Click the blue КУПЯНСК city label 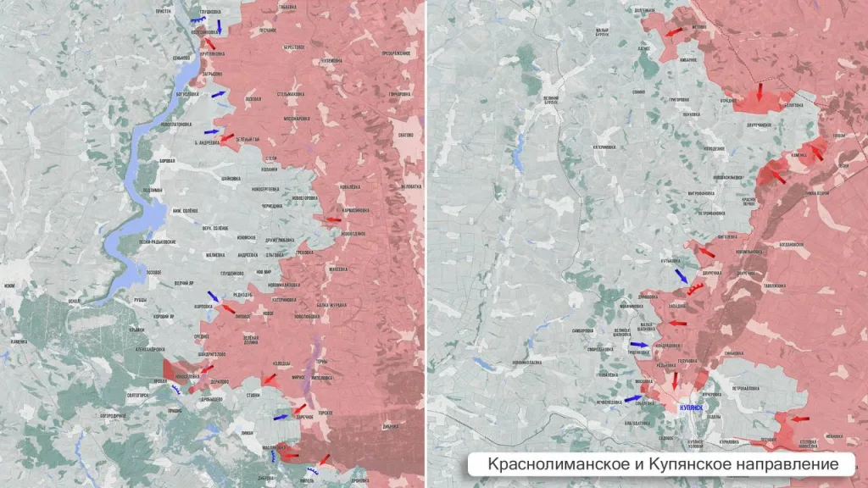point(690,407)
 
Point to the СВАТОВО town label point(405,133)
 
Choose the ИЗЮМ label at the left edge point(9,286)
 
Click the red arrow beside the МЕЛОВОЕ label point(676,32)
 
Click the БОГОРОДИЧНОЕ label point(113,416)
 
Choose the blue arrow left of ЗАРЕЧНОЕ point(281,417)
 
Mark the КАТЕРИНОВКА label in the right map point(622,146)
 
